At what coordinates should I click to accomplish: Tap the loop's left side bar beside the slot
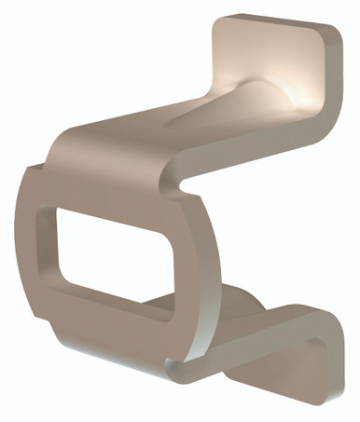click(x=33, y=252)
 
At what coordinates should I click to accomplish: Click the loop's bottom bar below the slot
click(x=103, y=321)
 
